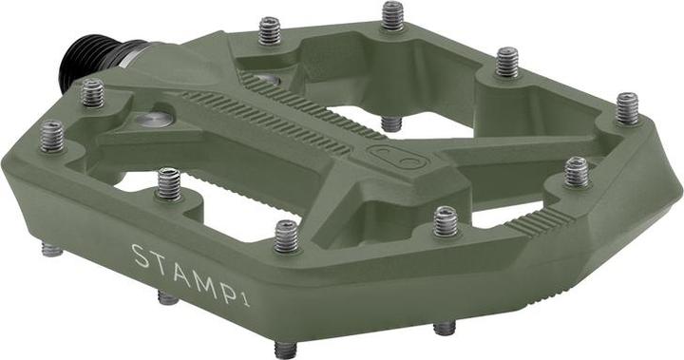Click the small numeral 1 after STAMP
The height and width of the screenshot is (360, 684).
pyautogui.click(x=245, y=301)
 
